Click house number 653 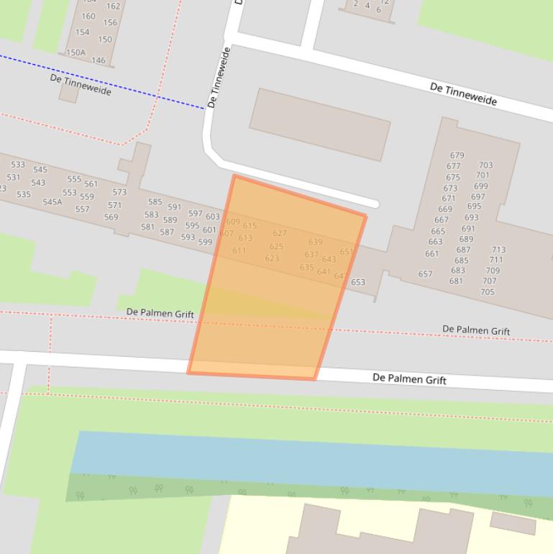point(358,282)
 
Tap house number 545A point(52,202)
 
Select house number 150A point(76,53)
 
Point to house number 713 point(498,250)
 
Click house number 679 point(457,155)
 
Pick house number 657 point(425,274)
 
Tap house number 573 point(119,192)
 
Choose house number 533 point(18,165)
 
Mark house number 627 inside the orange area point(280,233)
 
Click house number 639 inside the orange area point(315,242)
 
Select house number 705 point(488,292)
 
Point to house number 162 point(114,6)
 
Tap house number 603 point(213,217)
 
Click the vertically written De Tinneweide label point(219,78)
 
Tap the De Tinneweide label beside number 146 point(81,83)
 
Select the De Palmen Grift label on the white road point(409,379)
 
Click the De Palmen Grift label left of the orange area point(160,314)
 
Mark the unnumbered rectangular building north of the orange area point(319,124)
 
